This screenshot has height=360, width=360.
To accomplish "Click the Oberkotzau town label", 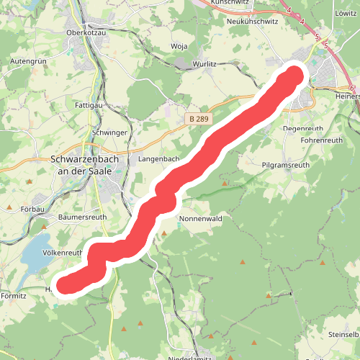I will pos(86,32).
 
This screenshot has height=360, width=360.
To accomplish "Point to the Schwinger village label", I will pos(110,133).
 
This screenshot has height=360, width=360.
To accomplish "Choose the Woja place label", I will pos(179,48).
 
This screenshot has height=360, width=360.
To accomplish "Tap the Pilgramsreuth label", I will pos(286,165).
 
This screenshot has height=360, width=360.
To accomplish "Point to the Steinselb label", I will pos(343,335).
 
